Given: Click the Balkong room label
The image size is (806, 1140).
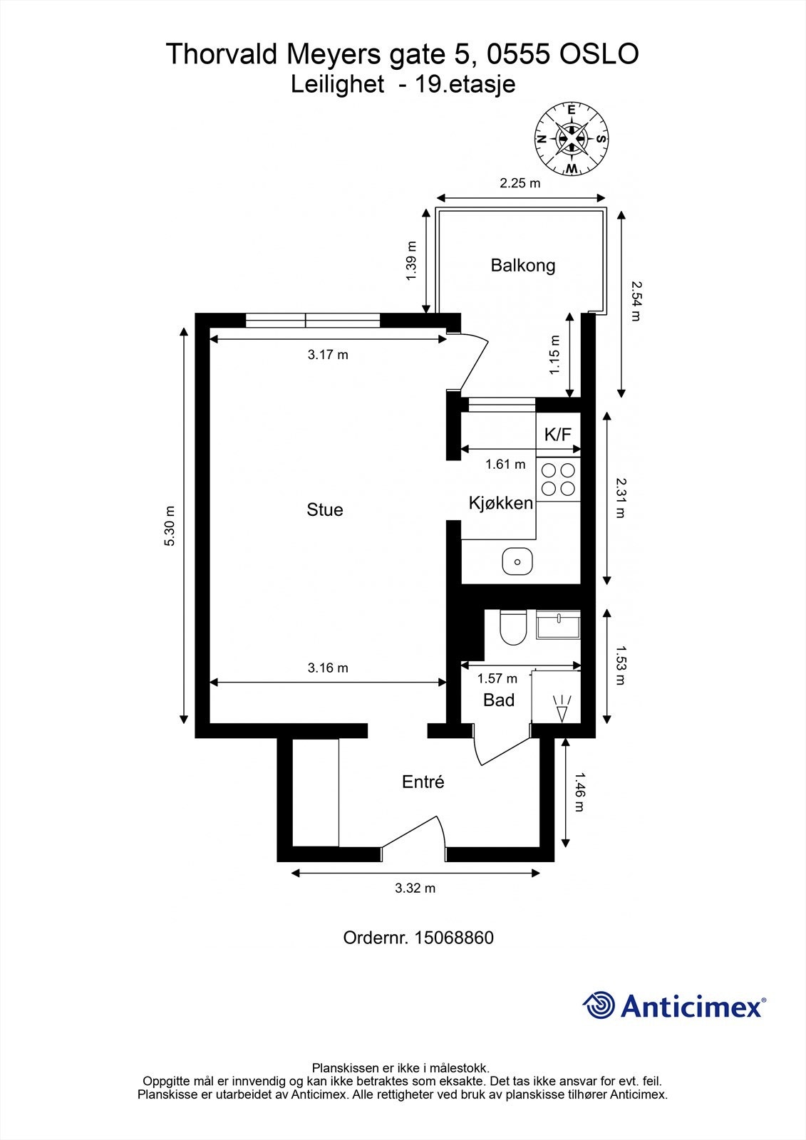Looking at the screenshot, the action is (523, 265).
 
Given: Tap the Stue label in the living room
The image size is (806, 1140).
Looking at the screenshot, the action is (325, 509).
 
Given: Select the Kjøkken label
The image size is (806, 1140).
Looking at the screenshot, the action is (501, 503).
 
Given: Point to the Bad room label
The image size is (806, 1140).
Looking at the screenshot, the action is (499, 700).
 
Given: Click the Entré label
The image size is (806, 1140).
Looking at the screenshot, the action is (423, 782).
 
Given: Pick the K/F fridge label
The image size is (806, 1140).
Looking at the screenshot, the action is (558, 434).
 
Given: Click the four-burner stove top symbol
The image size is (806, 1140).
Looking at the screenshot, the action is (558, 479).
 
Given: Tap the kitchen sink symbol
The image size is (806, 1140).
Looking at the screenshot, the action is (517, 562).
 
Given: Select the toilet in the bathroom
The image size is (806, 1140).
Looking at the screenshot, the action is (513, 627).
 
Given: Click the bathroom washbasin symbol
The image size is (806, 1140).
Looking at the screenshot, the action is (558, 624).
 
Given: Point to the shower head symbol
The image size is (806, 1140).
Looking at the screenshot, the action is (562, 708).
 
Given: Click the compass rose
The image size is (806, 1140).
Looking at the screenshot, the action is (572, 138).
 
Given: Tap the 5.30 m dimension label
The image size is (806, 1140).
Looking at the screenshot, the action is (170, 526).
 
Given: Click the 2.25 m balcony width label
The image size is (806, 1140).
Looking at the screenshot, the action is (520, 182).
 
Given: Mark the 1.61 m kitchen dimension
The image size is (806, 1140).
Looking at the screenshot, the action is (505, 464).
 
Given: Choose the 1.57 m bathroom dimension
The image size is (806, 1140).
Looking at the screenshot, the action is (497, 678).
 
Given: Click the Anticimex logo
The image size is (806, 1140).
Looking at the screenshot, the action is (674, 1005).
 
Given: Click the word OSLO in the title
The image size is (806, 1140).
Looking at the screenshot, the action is (599, 54).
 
